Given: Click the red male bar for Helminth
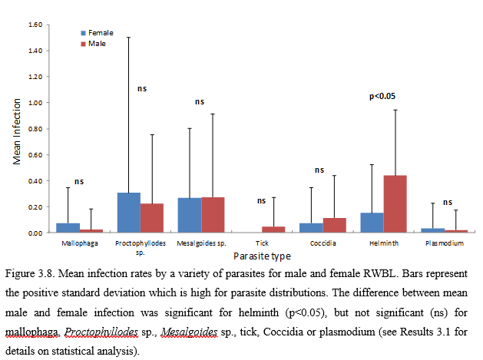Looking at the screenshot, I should [x=395, y=204].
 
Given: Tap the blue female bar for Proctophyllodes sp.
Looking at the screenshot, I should [x=129, y=213].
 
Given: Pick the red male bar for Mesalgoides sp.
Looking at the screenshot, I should [x=212, y=215].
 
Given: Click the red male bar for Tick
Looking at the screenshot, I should [x=273, y=230].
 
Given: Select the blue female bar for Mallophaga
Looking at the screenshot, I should [x=68, y=228].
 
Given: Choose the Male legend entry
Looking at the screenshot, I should [x=94, y=44].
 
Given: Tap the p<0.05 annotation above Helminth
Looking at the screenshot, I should [x=382, y=97].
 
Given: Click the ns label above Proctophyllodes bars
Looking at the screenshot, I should [x=141, y=89].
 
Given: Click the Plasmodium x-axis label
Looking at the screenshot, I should [x=444, y=243].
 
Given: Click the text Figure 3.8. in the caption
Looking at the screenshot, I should [x=31, y=273].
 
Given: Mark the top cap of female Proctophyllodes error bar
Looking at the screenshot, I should [x=129, y=37].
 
